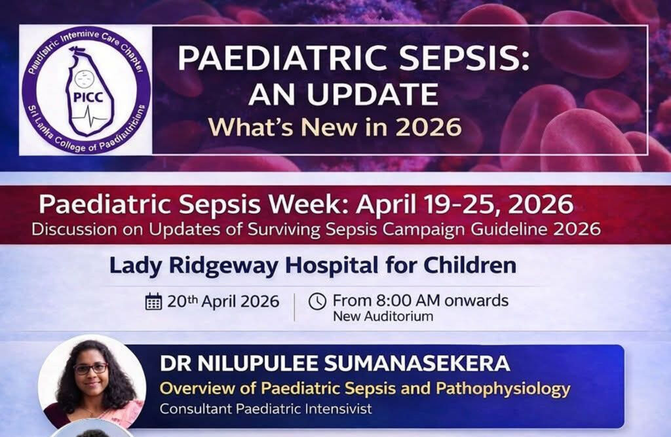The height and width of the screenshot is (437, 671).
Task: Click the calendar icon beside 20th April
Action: pos(153,302)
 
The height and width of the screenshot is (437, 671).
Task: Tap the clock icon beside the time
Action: pos(317,301)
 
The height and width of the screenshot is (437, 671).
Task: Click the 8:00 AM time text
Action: pos(399,301)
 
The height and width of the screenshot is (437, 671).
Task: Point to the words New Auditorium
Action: pos(383,316)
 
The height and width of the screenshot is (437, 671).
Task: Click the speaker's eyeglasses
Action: pos(90,368)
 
